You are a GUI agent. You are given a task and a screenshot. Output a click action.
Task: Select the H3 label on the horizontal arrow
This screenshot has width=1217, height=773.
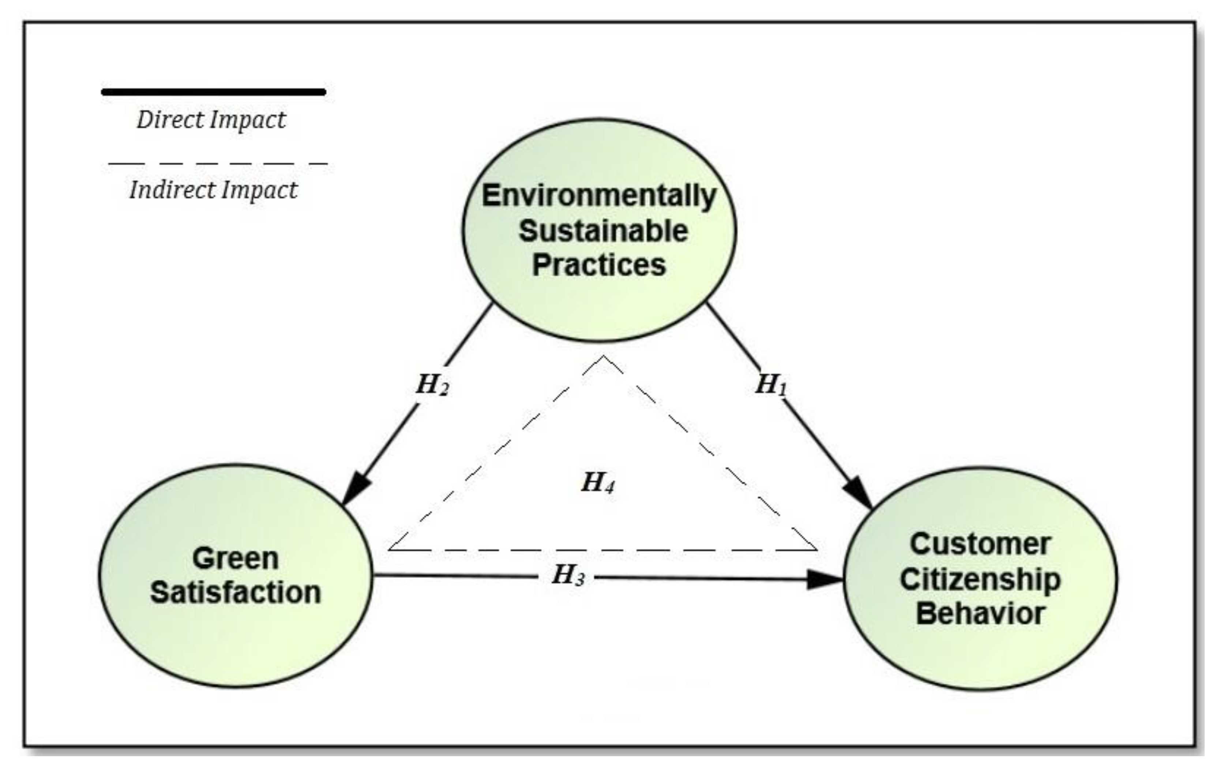pos(568,575)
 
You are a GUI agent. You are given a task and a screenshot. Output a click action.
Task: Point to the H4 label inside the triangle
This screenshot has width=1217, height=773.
pos(598,482)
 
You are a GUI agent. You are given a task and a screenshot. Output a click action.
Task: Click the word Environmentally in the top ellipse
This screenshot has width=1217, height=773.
pos(599,196)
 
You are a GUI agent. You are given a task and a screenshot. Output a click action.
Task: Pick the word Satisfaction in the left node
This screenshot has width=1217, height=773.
pos(236,593)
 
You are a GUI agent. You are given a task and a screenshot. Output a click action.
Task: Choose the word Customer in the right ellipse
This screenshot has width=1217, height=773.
pos(980,545)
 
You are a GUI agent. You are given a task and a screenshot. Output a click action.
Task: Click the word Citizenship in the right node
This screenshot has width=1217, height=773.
pos(980,579)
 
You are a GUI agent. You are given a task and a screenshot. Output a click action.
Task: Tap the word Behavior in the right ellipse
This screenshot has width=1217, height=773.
pos(980,614)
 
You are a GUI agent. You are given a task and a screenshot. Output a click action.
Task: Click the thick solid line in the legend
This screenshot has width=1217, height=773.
pos(213,92)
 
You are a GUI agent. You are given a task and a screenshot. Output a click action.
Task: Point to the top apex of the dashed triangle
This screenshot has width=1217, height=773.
pos(603,357)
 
